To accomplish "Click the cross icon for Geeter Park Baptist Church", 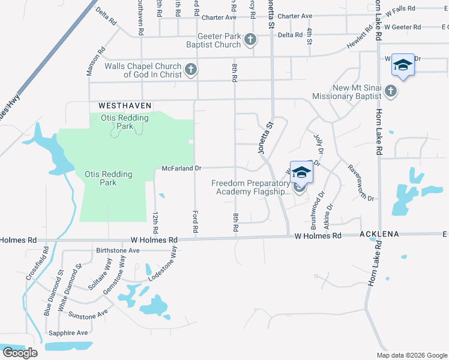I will (250, 40).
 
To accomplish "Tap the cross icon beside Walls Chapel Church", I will (190, 70).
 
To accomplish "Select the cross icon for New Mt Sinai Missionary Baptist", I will (391, 92).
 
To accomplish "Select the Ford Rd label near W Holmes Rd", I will (195, 221).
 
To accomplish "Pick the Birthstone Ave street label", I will (118, 250).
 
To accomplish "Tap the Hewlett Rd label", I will (360, 41).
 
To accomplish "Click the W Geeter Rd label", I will (403, 27).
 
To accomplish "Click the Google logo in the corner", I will (20, 353).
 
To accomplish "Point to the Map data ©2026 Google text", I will (411, 355).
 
